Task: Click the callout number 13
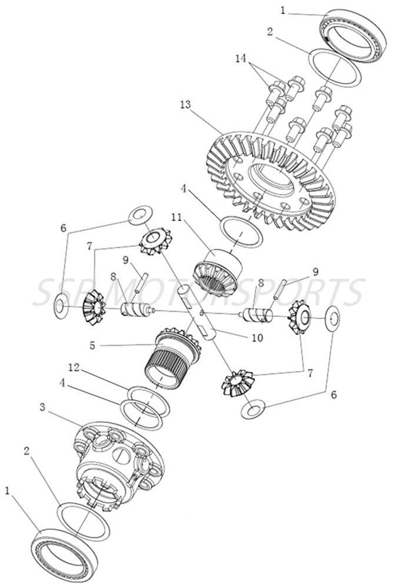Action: [x=186, y=104]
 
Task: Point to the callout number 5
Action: [x=91, y=346]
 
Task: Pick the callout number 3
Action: [x=42, y=407]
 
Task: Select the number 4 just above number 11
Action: [x=185, y=190]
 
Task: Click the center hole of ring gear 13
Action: [x=272, y=178]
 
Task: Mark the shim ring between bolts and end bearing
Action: [x=336, y=68]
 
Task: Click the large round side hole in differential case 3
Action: [x=121, y=455]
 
